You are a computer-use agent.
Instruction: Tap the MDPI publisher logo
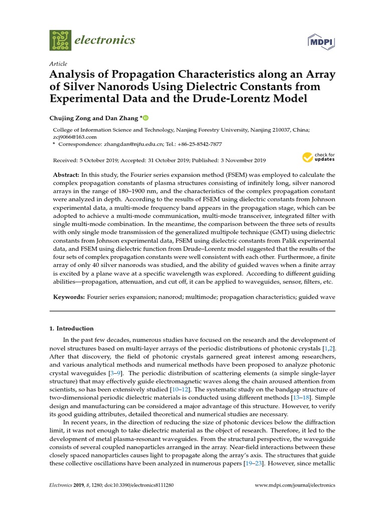321,40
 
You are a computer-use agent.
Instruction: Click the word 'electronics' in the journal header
103,40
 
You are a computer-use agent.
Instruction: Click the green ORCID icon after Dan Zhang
146,118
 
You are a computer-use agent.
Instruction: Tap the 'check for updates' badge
318,157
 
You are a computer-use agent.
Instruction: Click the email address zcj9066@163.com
75,136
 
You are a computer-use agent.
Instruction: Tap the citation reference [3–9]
114,374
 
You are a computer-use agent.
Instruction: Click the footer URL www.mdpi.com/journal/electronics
295,485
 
